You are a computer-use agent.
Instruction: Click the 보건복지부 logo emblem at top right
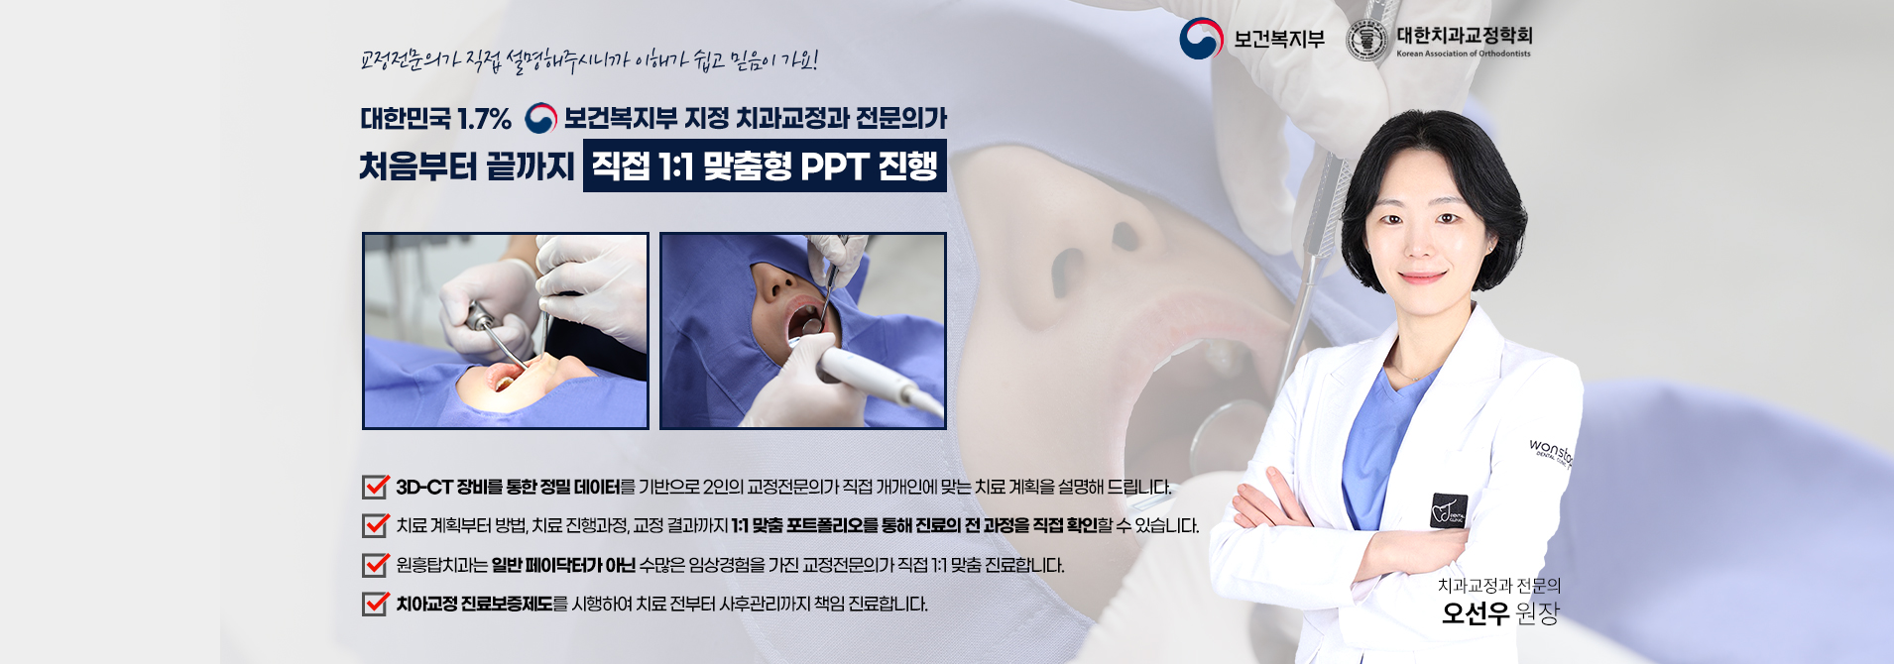click(x=1201, y=40)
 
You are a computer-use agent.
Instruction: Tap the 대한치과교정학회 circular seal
click(x=1368, y=41)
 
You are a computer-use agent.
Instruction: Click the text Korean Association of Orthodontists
click(x=1464, y=55)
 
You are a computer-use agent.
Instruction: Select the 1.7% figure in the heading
click(x=484, y=120)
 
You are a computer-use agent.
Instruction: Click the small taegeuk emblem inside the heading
click(x=540, y=119)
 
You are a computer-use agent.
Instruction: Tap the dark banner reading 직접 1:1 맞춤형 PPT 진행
click(x=765, y=166)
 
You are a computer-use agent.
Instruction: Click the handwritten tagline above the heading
click(x=589, y=61)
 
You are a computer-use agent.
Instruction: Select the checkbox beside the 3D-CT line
click(x=375, y=487)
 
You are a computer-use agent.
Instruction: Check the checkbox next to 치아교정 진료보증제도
click(x=375, y=604)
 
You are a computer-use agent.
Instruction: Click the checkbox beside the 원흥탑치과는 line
click(x=375, y=565)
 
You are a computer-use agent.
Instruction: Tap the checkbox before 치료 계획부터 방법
click(x=375, y=525)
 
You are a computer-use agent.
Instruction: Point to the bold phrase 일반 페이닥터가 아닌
click(x=563, y=566)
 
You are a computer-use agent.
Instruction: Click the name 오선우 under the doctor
click(x=1476, y=614)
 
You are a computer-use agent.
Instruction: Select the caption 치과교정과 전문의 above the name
click(x=1499, y=586)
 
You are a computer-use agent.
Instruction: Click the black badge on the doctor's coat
click(x=1449, y=509)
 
